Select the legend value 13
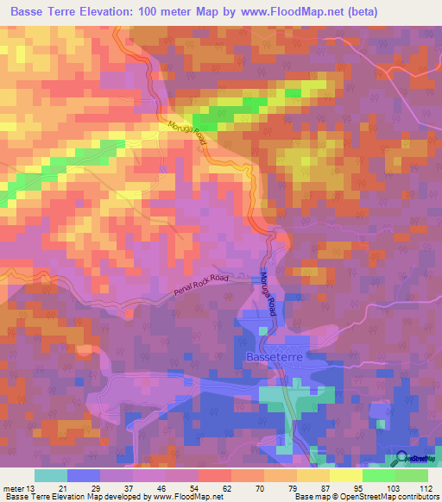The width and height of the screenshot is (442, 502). click(34, 487)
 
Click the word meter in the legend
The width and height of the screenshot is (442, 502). click(14, 487)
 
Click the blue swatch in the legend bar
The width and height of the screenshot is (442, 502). click(84, 475)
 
